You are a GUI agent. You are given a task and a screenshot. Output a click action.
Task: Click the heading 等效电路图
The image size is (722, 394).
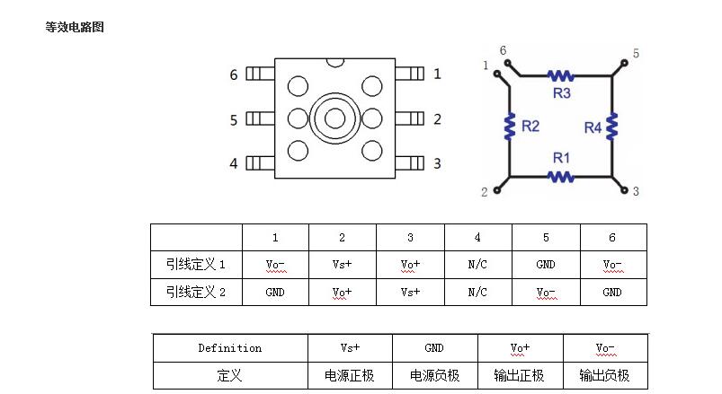pyautogui.click(x=75, y=27)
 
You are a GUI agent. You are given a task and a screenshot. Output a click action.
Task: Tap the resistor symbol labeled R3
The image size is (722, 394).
pyautogui.click(x=561, y=75)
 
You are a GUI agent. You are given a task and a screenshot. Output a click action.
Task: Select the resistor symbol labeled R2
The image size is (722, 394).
pyautogui.click(x=510, y=126)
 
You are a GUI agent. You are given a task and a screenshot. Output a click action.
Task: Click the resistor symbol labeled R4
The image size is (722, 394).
pyautogui.click(x=612, y=126)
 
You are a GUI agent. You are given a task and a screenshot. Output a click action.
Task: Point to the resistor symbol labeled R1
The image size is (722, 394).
pyautogui.click(x=561, y=177)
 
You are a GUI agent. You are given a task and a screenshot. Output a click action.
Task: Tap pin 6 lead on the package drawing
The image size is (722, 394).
pyautogui.click(x=259, y=74)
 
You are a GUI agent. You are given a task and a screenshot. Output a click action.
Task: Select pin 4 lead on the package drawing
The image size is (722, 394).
pyautogui.click(x=259, y=162)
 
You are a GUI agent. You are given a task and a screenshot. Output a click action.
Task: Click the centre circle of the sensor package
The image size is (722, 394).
pyautogui.click(x=334, y=118)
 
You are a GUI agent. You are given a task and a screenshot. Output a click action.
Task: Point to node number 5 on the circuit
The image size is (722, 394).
pyautogui.click(x=636, y=54)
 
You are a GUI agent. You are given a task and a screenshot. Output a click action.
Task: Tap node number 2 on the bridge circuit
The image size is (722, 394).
pyautogui.click(x=485, y=191)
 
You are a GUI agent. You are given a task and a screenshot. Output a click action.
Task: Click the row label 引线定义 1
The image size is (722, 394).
pyautogui.click(x=196, y=265)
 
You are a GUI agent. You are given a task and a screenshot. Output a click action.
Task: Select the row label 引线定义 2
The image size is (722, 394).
pyautogui.click(x=196, y=292)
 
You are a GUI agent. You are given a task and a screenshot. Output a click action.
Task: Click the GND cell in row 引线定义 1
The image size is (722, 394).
pyautogui.click(x=546, y=265)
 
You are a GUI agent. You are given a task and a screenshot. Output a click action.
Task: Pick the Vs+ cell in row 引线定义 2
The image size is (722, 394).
pyautogui.click(x=410, y=292)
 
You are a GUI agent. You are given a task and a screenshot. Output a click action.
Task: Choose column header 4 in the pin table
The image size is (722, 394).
pyautogui.click(x=477, y=238)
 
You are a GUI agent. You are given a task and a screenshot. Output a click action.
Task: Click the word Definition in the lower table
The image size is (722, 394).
pyautogui.click(x=229, y=347)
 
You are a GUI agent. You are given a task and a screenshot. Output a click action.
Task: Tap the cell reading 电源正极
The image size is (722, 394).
pyautogui.click(x=349, y=375)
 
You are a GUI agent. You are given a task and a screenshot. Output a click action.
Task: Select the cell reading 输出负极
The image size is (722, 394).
pyautogui.click(x=605, y=375)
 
